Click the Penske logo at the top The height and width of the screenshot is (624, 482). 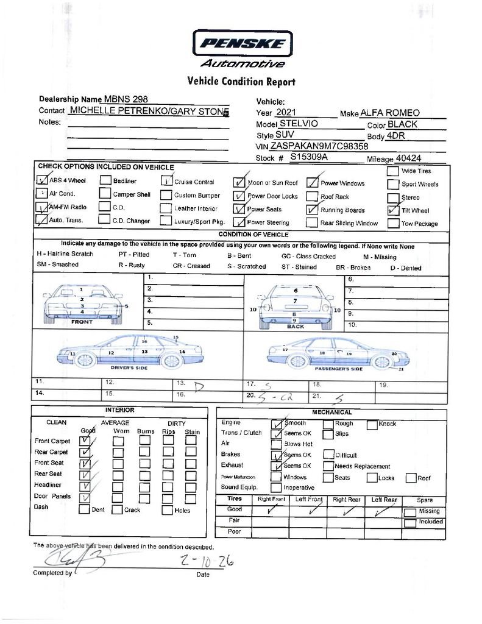point(243,44)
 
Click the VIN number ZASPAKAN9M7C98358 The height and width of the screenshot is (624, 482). point(319,146)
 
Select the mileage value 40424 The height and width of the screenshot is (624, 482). point(408,158)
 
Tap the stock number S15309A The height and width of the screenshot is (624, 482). point(309,157)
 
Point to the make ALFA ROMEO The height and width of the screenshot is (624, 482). point(390,113)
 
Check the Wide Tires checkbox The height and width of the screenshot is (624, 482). point(392,171)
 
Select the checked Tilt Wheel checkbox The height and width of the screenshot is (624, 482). point(392,210)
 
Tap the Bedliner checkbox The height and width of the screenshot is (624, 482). point(105,180)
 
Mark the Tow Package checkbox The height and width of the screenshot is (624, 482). point(392,223)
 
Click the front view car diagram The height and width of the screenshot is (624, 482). point(83,303)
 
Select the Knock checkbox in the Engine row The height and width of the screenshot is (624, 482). point(372,424)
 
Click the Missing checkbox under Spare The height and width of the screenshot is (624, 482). point(411,512)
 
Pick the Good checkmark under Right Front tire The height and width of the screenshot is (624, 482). point(271,510)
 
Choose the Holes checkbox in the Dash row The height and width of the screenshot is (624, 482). point(167,510)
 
